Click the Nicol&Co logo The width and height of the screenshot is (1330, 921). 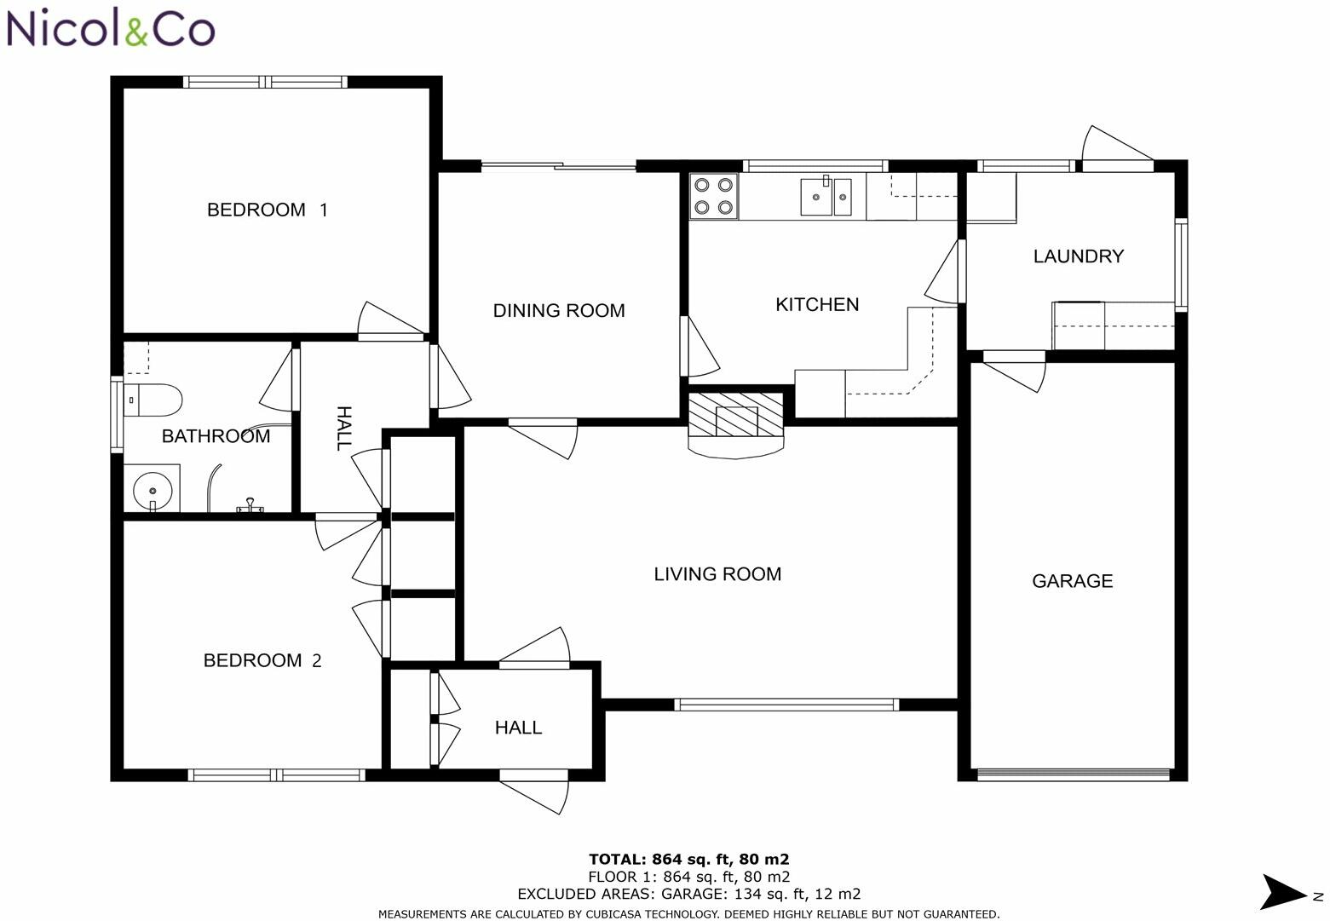(x=111, y=28)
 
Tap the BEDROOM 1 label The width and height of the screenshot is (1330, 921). (x=268, y=210)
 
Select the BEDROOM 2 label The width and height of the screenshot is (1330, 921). (x=262, y=660)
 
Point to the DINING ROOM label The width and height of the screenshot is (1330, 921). (x=559, y=311)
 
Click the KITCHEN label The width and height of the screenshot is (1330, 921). (x=817, y=305)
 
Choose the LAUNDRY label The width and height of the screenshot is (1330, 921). (x=1079, y=256)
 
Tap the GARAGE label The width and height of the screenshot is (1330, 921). (x=1073, y=581)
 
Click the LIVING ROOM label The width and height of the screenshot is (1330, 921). (x=717, y=574)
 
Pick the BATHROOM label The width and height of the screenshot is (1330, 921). (x=216, y=436)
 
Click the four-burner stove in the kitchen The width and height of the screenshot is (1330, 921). (x=713, y=196)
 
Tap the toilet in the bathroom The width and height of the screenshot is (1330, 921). (x=153, y=400)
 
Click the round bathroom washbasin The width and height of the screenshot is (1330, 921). (x=153, y=491)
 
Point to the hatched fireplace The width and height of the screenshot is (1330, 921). (x=735, y=414)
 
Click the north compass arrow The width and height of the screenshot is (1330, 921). (x=1283, y=891)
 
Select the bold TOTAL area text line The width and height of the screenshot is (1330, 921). (x=688, y=859)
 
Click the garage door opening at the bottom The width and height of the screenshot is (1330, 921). (x=1073, y=774)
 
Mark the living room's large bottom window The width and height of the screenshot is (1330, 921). (x=786, y=705)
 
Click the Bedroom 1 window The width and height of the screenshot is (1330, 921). (x=265, y=82)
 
